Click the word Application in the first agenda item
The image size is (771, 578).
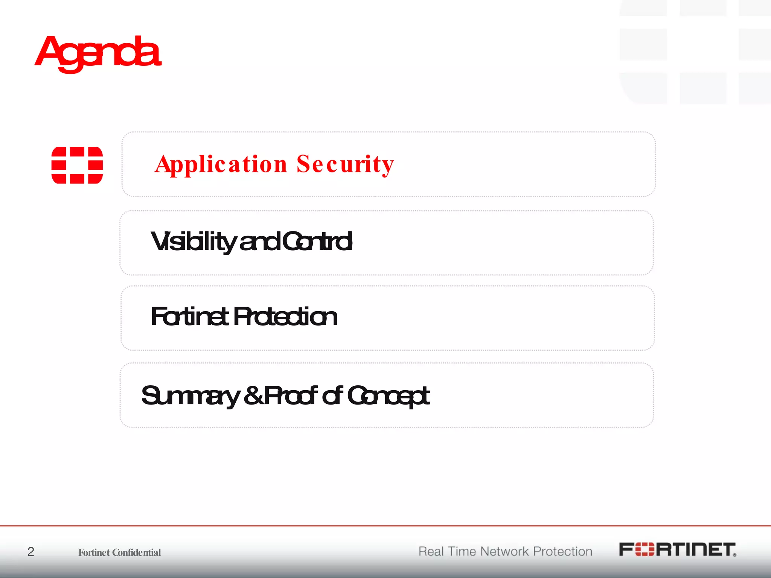pos(221,164)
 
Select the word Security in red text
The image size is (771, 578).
pos(345,164)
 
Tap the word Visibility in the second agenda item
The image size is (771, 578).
pos(193,242)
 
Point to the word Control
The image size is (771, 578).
pos(317,242)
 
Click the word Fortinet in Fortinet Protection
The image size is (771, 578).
pos(189,316)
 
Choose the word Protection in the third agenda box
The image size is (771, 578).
pos(285,316)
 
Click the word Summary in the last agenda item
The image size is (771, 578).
pos(190,396)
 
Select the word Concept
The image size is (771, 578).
pos(388,396)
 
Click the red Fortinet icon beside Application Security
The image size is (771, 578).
pos(77,165)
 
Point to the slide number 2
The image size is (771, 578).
pos(31,552)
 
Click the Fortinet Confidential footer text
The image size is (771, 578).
pos(119,552)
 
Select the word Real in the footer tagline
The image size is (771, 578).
pos(431,552)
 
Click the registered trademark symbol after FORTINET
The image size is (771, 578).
pos(734,555)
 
